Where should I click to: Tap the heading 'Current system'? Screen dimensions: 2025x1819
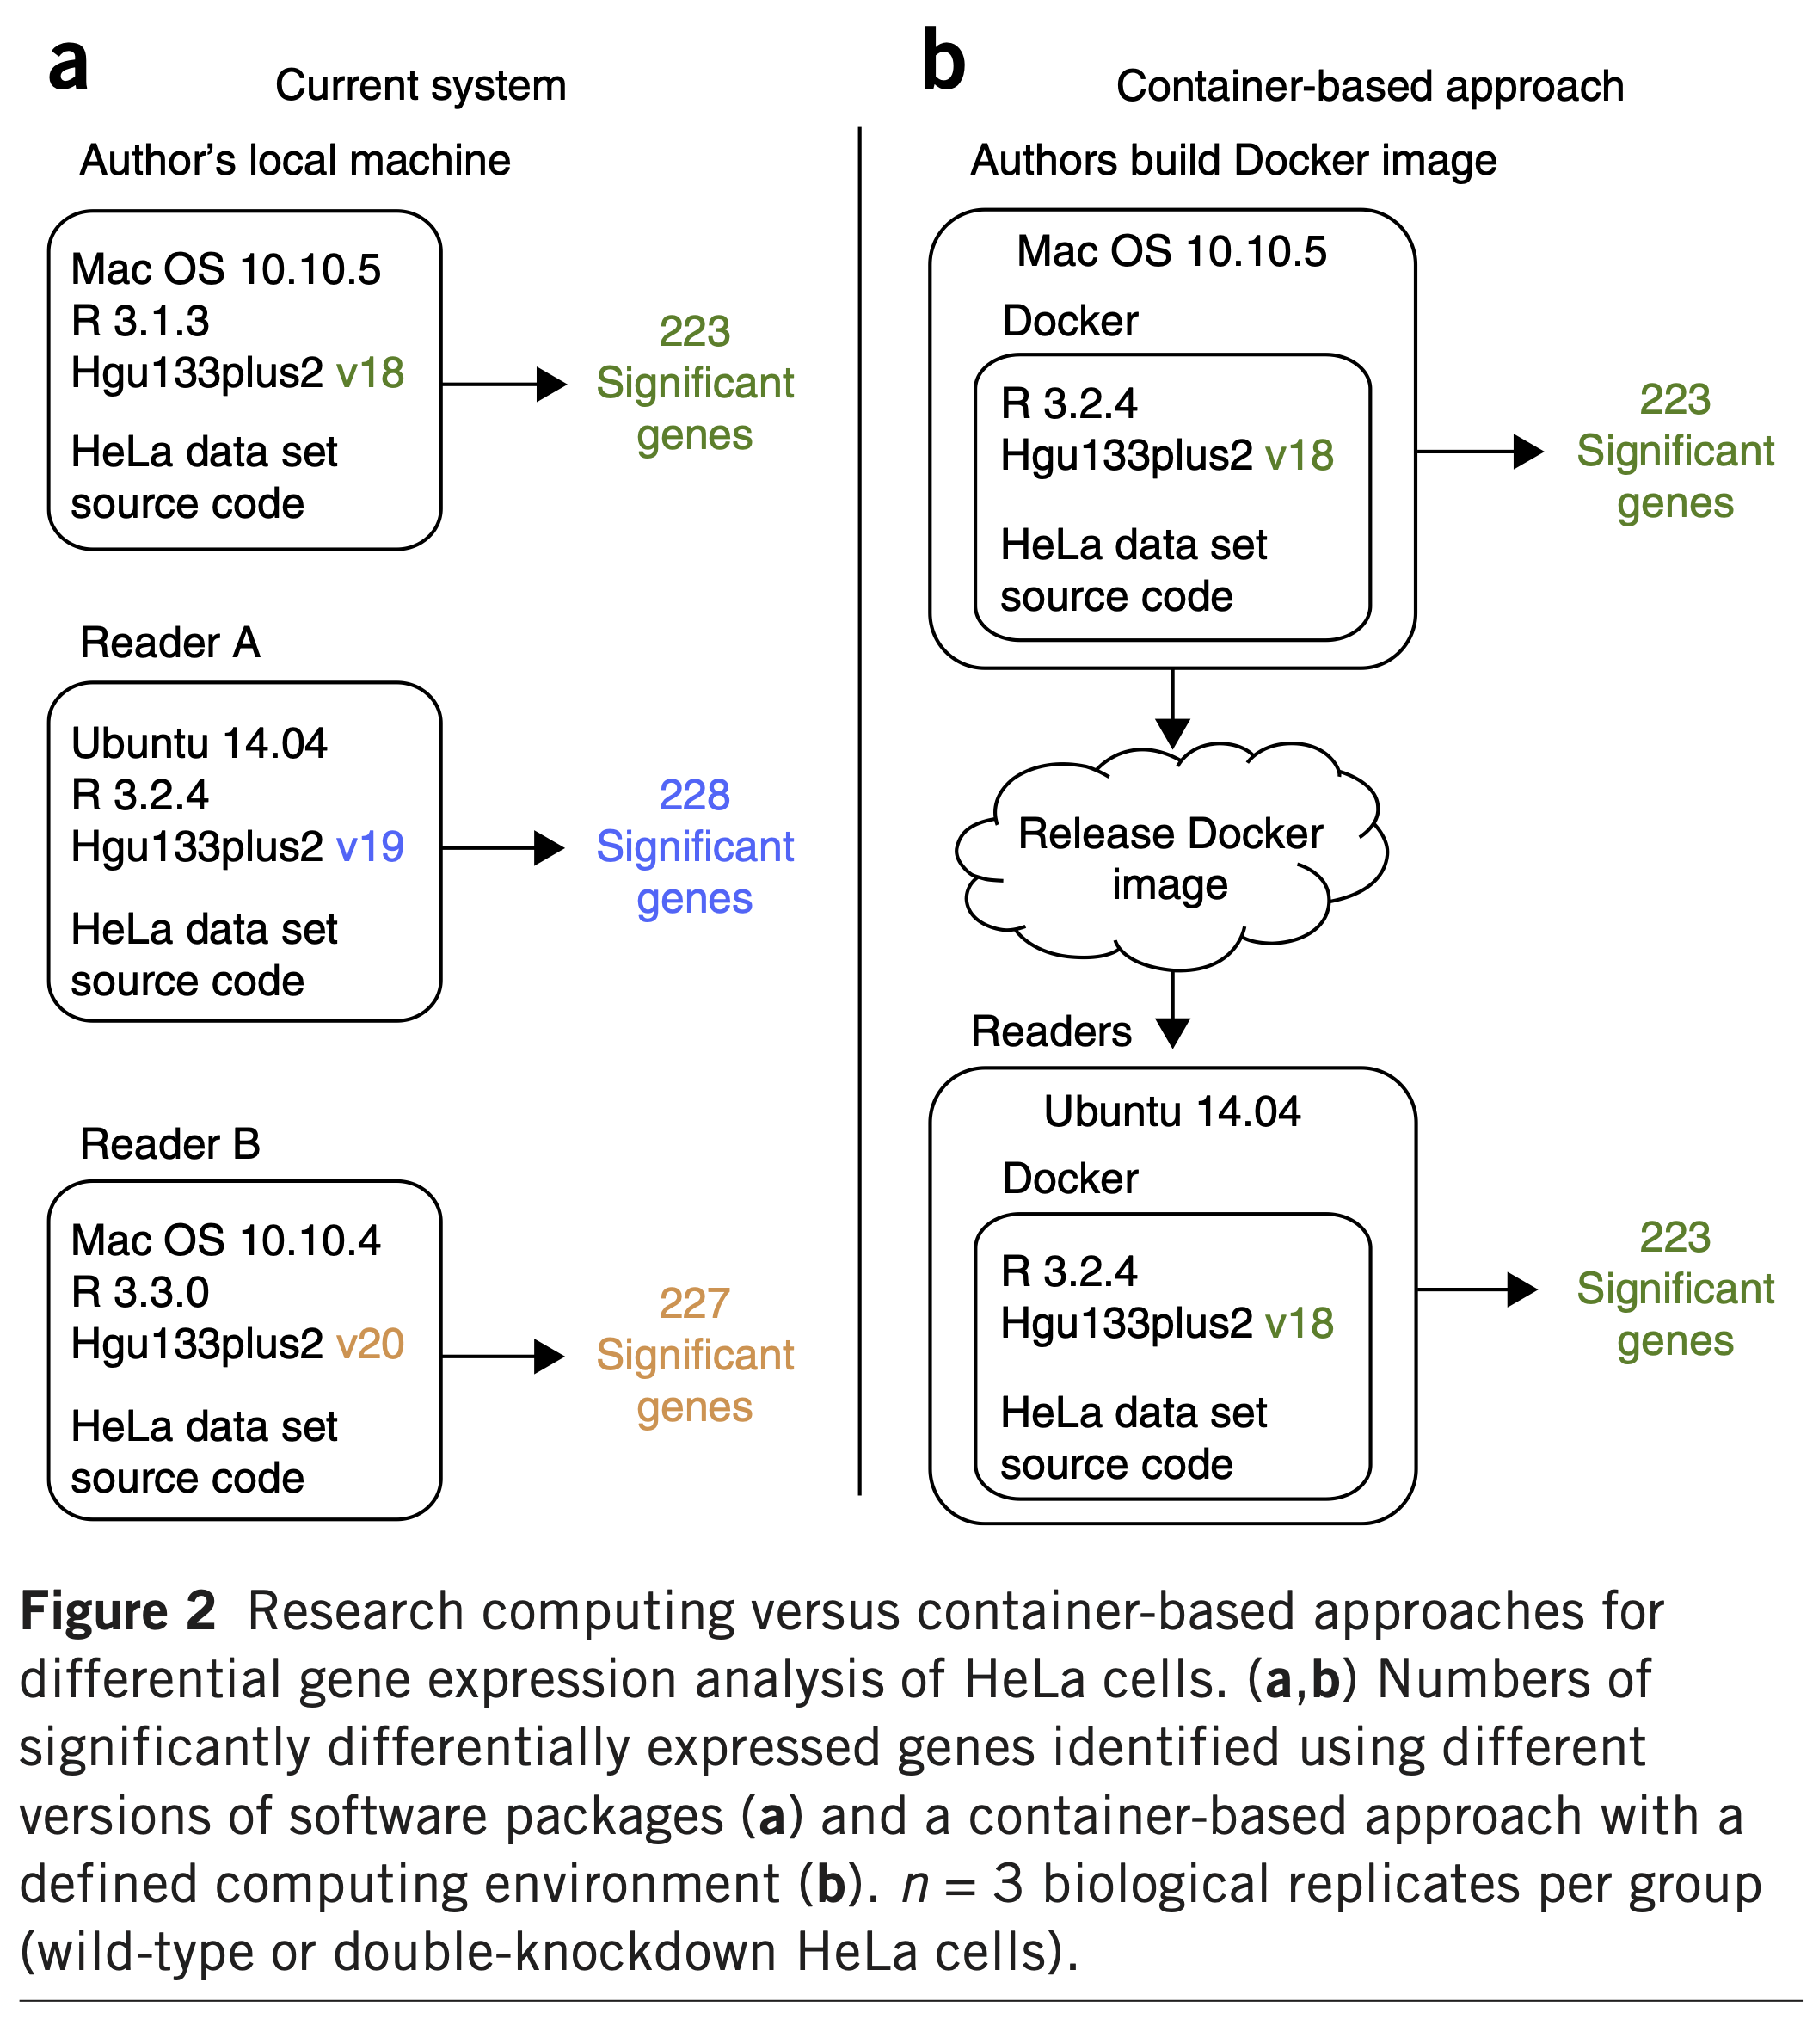click(420, 86)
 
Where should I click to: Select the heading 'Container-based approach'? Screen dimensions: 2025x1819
click(1369, 87)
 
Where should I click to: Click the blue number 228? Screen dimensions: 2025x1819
click(695, 796)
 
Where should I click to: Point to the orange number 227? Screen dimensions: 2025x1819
click(695, 1303)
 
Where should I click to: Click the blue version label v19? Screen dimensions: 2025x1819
click(370, 847)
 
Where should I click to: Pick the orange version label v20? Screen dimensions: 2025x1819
click(370, 1345)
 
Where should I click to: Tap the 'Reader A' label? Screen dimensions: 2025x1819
click(170, 643)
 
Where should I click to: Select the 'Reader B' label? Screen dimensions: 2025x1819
click(170, 1144)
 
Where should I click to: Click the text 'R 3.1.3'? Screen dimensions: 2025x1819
click(140, 322)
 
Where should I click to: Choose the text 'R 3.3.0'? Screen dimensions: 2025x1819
click(140, 1292)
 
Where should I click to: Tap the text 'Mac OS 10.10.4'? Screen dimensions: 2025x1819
click(226, 1240)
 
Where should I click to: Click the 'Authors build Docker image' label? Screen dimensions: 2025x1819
click(1233, 161)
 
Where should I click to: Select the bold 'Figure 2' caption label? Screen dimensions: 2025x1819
click(117, 1611)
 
